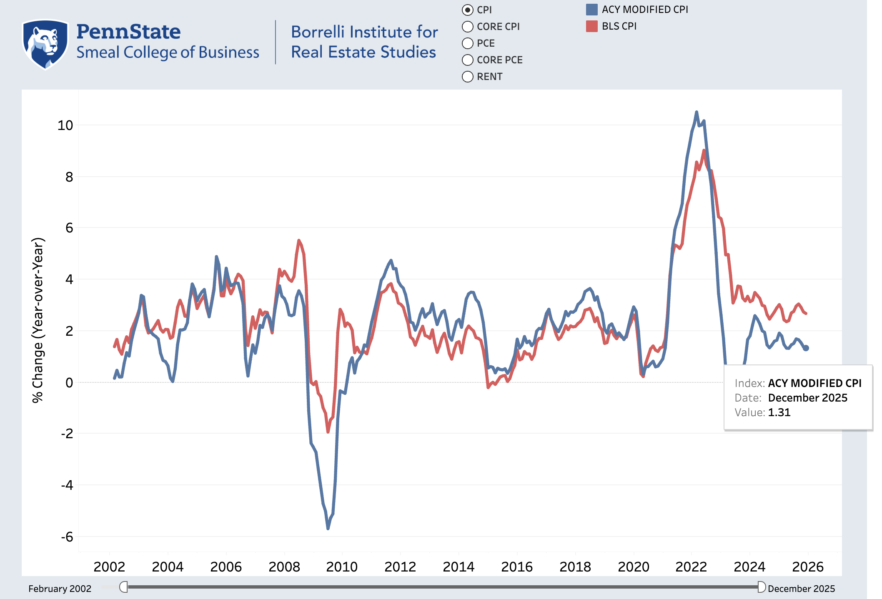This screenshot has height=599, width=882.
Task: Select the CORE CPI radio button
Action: coord(468,27)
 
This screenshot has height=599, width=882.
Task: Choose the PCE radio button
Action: coord(468,43)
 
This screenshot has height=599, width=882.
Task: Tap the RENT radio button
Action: coord(468,77)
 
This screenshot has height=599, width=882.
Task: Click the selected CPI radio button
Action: coord(468,10)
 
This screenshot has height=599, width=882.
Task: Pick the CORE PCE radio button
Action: coord(468,60)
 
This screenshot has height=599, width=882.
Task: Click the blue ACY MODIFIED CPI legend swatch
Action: coord(592,10)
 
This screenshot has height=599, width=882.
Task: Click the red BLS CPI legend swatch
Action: coord(592,26)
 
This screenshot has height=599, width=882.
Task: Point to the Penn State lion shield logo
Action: coord(45,44)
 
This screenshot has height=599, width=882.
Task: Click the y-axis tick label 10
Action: coord(65,125)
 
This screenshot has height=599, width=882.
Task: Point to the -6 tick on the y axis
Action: coord(67,537)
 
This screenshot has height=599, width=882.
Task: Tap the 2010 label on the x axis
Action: coord(342,567)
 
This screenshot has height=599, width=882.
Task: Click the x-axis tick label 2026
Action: coord(808,567)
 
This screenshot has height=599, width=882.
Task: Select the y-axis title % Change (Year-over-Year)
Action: coord(38,320)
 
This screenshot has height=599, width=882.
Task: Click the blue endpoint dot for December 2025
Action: coord(806,348)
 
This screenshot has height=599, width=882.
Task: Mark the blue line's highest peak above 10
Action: coord(697,112)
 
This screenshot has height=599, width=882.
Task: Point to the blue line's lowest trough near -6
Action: coord(328,529)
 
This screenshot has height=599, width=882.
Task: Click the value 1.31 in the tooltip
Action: coord(779,412)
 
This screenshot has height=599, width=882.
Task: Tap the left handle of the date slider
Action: coord(124,587)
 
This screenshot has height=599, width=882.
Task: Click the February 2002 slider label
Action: coord(60,589)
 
